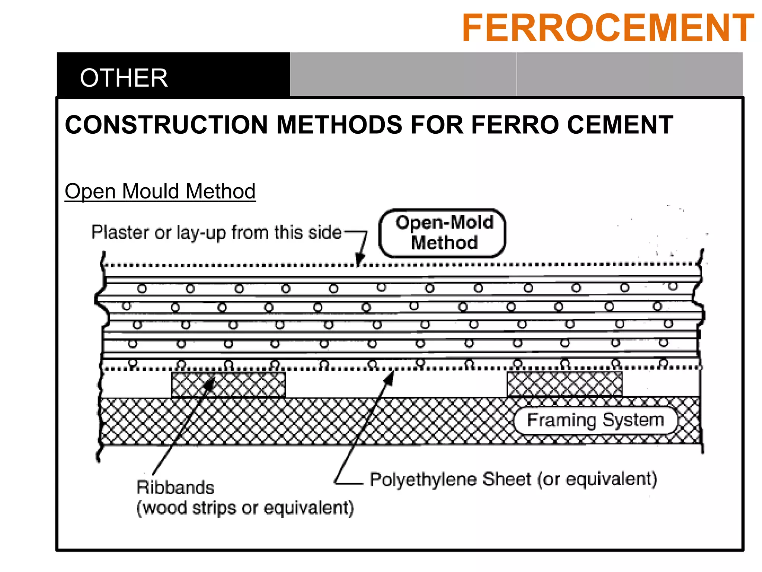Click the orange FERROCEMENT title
(608, 28)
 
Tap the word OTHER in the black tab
(124, 78)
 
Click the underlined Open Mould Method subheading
(160, 191)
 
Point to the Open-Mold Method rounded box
(442, 233)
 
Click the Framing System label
(595, 420)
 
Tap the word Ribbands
(175, 487)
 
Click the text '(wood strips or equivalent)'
(245, 508)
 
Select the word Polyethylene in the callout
(423, 479)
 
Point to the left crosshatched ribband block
(228, 385)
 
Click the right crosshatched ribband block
(564, 384)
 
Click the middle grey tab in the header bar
(403, 74)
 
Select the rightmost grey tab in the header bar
(630, 74)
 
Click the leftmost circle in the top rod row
(142, 289)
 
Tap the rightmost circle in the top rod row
(673, 286)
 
